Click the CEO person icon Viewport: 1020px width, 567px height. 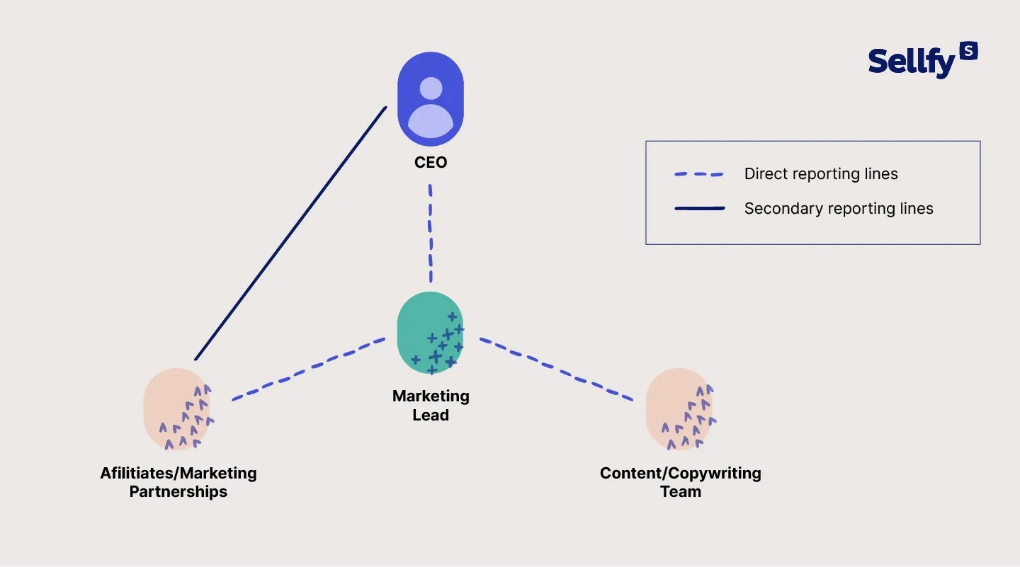pyautogui.click(x=430, y=99)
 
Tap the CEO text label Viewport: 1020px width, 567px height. pyautogui.click(x=431, y=163)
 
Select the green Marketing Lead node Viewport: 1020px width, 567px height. pyautogui.click(x=430, y=333)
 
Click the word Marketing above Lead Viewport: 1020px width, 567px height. pyautogui.click(x=431, y=396)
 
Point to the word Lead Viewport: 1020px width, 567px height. pyautogui.click(x=431, y=416)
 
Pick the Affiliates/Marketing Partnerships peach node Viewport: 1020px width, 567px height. pyautogui.click(x=177, y=409)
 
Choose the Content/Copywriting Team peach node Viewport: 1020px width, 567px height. pyautogui.click(x=679, y=409)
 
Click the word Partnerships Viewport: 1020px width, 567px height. pyautogui.click(x=178, y=492)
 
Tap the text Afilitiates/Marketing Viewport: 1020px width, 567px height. pyautogui.click(x=178, y=474)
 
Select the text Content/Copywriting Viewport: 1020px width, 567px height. pyautogui.click(x=680, y=474)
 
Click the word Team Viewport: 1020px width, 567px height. pyautogui.click(x=681, y=492)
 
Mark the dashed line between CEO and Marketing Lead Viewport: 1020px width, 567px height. pyautogui.click(x=430, y=234)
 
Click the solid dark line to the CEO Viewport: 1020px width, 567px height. pyautogui.click(x=290, y=234)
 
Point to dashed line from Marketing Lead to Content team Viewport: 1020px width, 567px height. pyautogui.click(x=556, y=370)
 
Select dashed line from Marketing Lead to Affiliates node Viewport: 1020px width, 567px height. pyautogui.click(x=308, y=370)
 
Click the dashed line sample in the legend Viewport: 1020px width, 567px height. pyautogui.click(x=698, y=174)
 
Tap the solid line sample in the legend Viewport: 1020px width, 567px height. pyautogui.click(x=698, y=209)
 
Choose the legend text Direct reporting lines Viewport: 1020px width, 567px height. pyautogui.click(x=821, y=174)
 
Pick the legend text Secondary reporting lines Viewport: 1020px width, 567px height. pyautogui.click(x=839, y=209)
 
